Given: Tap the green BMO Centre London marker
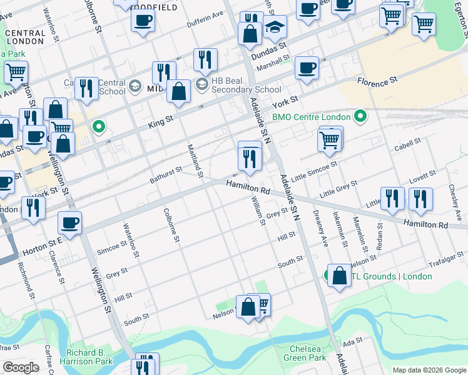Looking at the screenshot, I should click(360, 116).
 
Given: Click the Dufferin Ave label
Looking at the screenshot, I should click(205, 19).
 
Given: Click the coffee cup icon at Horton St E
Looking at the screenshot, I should click(69, 222).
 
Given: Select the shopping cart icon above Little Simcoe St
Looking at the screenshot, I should click(330, 141).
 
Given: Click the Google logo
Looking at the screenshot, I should click(21, 367).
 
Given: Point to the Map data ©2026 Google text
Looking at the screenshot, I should click(429, 370).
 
